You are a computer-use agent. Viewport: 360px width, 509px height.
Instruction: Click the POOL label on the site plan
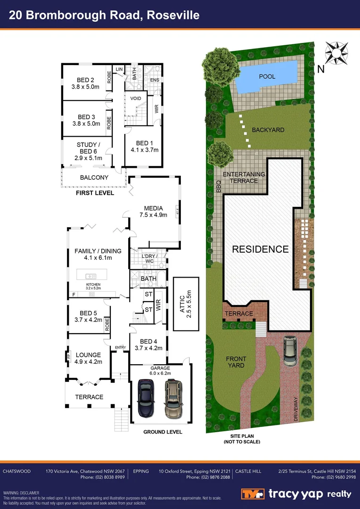(267, 76)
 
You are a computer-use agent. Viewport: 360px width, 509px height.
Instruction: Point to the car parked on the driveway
(290, 351)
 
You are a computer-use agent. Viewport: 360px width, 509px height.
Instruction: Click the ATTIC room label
(181, 306)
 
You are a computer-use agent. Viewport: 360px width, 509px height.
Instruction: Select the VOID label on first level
(136, 99)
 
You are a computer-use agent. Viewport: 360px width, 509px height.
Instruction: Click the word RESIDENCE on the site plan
(260, 249)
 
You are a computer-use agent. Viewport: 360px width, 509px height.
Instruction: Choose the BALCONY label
(94, 178)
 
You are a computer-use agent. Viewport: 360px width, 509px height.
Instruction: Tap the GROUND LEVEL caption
(163, 432)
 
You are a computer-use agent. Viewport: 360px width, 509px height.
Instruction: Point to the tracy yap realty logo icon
(254, 494)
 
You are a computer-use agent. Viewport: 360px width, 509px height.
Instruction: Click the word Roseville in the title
(173, 15)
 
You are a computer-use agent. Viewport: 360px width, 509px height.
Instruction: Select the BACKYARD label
(268, 130)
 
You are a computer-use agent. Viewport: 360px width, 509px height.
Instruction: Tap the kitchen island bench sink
(91, 276)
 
